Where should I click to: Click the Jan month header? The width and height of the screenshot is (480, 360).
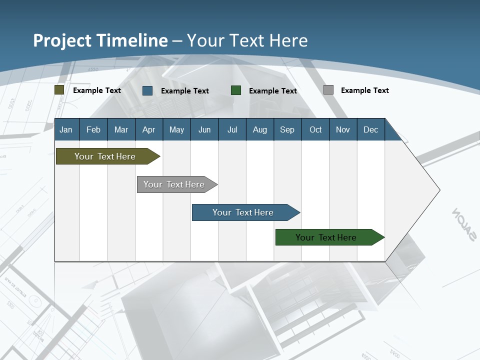pos(66,130)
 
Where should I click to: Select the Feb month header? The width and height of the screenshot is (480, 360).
pos(93,130)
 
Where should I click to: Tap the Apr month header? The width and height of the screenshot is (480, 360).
pos(149,130)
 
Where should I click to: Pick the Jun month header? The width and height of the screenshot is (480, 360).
pos(204,130)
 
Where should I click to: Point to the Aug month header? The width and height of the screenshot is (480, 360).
pos(260,130)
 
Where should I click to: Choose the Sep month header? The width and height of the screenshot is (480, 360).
pos(287,130)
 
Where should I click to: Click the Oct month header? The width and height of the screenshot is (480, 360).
pos(315,130)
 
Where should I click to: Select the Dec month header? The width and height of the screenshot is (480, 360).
pos(371,130)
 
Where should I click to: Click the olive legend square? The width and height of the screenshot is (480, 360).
pos(59,90)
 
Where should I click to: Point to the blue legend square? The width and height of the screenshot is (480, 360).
pos(147,90)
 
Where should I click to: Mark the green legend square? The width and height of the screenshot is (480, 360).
pos(236,90)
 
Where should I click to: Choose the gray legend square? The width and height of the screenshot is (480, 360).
pos(328,90)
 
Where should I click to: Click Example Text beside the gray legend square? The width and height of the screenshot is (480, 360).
pos(364,90)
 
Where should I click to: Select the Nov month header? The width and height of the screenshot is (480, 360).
pos(343,130)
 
